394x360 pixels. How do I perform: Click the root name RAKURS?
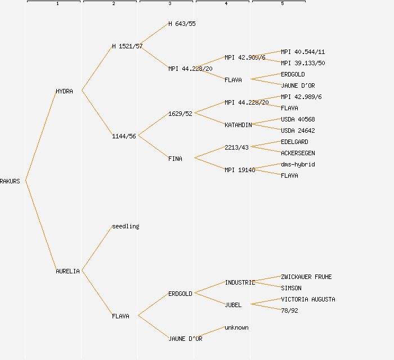tap(10, 181)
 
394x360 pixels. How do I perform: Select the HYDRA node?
tap(64, 91)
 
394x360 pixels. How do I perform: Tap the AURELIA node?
tap(68, 271)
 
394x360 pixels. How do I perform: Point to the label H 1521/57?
tap(127, 46)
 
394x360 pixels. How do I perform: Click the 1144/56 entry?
tap(124, 136)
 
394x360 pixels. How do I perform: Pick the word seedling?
tap(126, 226)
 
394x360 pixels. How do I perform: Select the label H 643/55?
tap(182, 24)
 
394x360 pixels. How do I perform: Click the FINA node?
tap(175, 159)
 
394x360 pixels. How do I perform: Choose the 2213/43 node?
tap(236, 147)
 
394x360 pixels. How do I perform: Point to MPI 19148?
tap(240, 170)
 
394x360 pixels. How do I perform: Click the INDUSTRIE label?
tap(240, 282)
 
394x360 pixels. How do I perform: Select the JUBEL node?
tap(233, 305)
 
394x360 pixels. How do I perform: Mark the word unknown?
tap(236, 327)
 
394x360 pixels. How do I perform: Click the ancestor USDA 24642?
tap(298, 130)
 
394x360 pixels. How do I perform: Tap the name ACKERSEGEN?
tap(298, 153)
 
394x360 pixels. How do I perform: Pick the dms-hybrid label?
tap(298, 164)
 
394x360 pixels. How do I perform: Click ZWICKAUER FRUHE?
tap(306, 277)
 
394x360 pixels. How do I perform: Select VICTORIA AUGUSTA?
tap(308, 299)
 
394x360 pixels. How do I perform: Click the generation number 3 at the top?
tap(169, 4)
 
